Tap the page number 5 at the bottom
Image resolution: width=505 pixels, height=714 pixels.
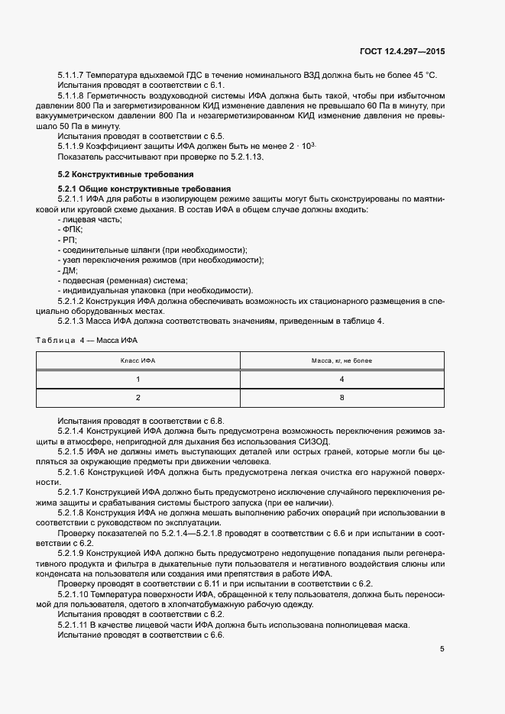click(x=442, y=649)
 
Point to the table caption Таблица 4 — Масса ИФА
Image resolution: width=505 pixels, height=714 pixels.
click(x=86, y=339)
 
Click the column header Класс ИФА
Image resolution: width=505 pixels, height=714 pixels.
click(x=138, y=360)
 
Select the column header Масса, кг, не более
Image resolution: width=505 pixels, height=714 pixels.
click(x=342, y=360)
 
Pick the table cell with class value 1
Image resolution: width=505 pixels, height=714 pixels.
click(x=138, y=379)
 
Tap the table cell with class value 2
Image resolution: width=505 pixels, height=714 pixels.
click(x=138, y=397)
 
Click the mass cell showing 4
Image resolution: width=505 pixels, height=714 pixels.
click(x=342, y=379)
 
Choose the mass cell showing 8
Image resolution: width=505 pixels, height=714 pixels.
click(x=342, y=397)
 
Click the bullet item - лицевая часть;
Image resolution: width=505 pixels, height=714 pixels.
click(x=89, y=219)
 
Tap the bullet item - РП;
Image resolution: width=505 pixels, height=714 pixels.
click(x=67, y=240)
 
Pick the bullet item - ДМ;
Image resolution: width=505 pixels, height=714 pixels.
click(x=68, y=270)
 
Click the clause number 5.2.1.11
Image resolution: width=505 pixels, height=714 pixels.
click(x=73, y=625)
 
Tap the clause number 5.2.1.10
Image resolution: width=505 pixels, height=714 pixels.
click(x=73, y=594)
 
